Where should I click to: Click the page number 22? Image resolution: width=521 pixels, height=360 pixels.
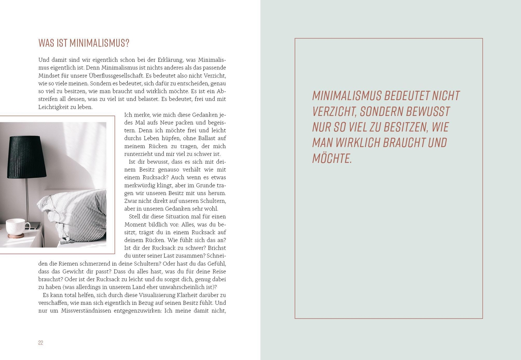[x=41, y=343]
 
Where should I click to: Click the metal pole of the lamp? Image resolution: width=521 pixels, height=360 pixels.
[x=27, y=199]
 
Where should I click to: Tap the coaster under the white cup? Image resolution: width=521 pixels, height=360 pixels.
[x=16, y=236]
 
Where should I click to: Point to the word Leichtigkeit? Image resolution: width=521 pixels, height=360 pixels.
[x=53, y=107]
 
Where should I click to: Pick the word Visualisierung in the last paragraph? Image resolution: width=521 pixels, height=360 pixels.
[x=157, y=295]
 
